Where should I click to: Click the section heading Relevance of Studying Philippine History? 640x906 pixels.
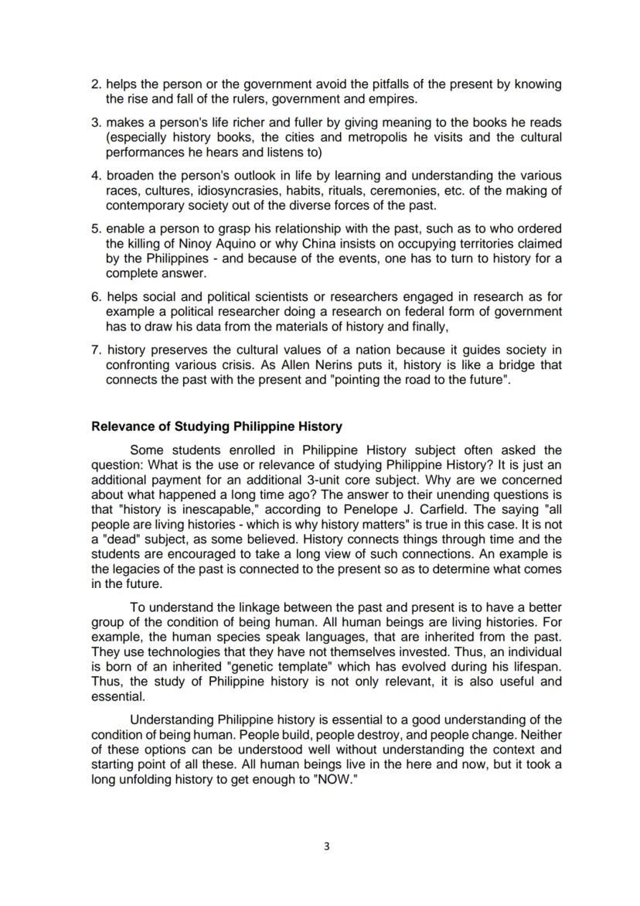tap(216, 426)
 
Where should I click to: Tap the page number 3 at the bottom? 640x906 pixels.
tap(325, 846)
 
